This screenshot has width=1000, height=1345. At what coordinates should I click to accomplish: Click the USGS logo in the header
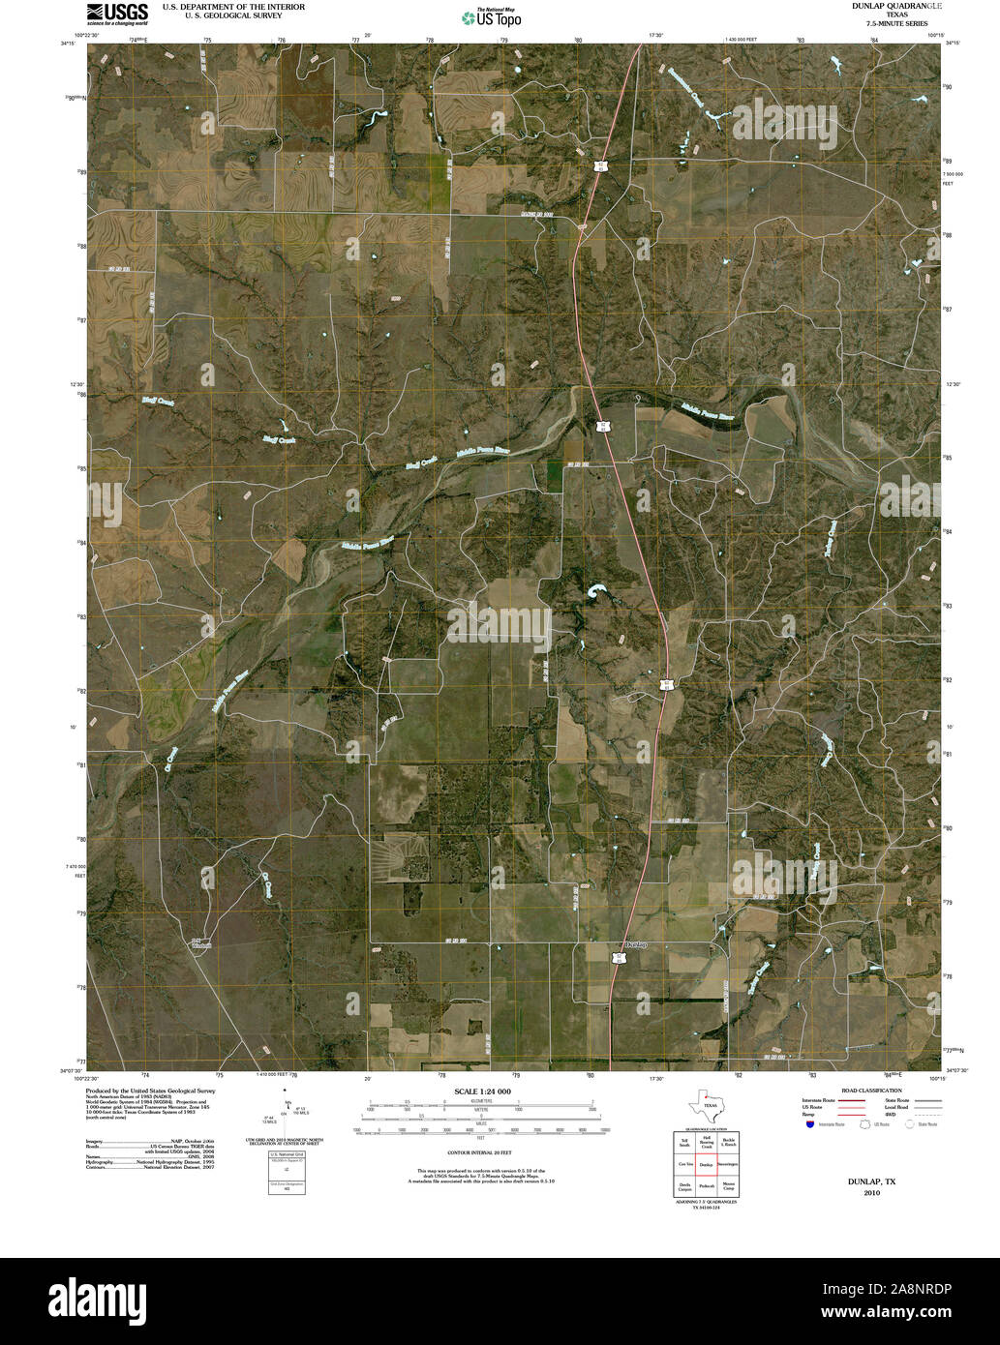tap(117, 13)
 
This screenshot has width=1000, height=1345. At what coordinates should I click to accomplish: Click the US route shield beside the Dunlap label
tap(617, 958)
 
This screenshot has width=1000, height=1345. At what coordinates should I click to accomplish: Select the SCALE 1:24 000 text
tap(482, 1091)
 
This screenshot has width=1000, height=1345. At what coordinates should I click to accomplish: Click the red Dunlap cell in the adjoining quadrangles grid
tap(707, 1165)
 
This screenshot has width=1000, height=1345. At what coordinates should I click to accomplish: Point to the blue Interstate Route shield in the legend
tap(808, 1124)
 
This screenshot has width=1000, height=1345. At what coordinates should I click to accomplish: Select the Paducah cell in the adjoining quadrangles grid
tap(707, 1186)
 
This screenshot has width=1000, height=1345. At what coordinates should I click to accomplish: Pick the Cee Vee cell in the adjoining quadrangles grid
tap(684, 1165)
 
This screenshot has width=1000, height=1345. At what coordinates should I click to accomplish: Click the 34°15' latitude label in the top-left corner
tap(67, 43)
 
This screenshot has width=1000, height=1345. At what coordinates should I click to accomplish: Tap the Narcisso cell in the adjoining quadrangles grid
tap(729, 1165)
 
